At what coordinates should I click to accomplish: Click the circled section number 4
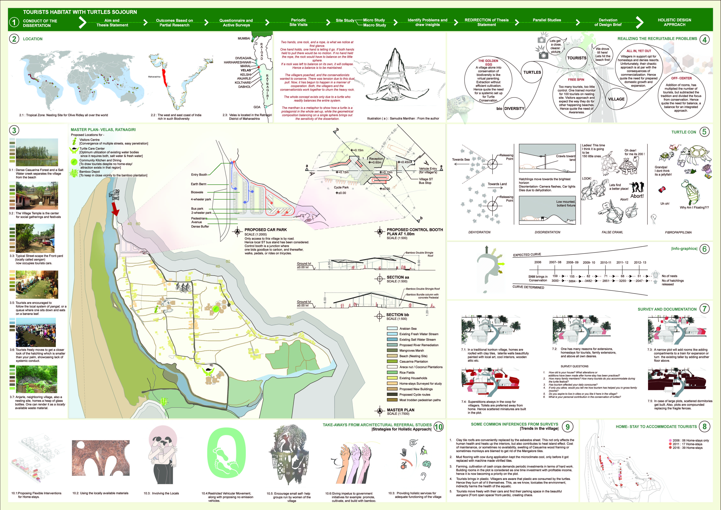[704, 40]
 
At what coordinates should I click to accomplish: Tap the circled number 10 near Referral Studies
[438, 427]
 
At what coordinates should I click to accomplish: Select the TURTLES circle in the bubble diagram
[532, 72]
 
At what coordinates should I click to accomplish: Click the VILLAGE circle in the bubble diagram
[616, 99]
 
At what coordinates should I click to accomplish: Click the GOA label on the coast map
[257, 107]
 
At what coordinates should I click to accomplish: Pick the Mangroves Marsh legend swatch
[392, 350]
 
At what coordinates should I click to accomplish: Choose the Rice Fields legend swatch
[392, 372]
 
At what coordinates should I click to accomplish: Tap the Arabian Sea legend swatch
[392, 328]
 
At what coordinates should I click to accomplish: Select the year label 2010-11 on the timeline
[605, 262]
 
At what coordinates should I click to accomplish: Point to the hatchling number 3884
[572, 281]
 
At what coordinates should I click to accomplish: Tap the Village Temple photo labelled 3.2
[37, 195]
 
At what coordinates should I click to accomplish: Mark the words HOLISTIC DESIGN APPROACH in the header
[674, 22]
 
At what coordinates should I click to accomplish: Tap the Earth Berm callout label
[198, 184]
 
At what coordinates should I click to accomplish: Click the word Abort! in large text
[637, 196]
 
